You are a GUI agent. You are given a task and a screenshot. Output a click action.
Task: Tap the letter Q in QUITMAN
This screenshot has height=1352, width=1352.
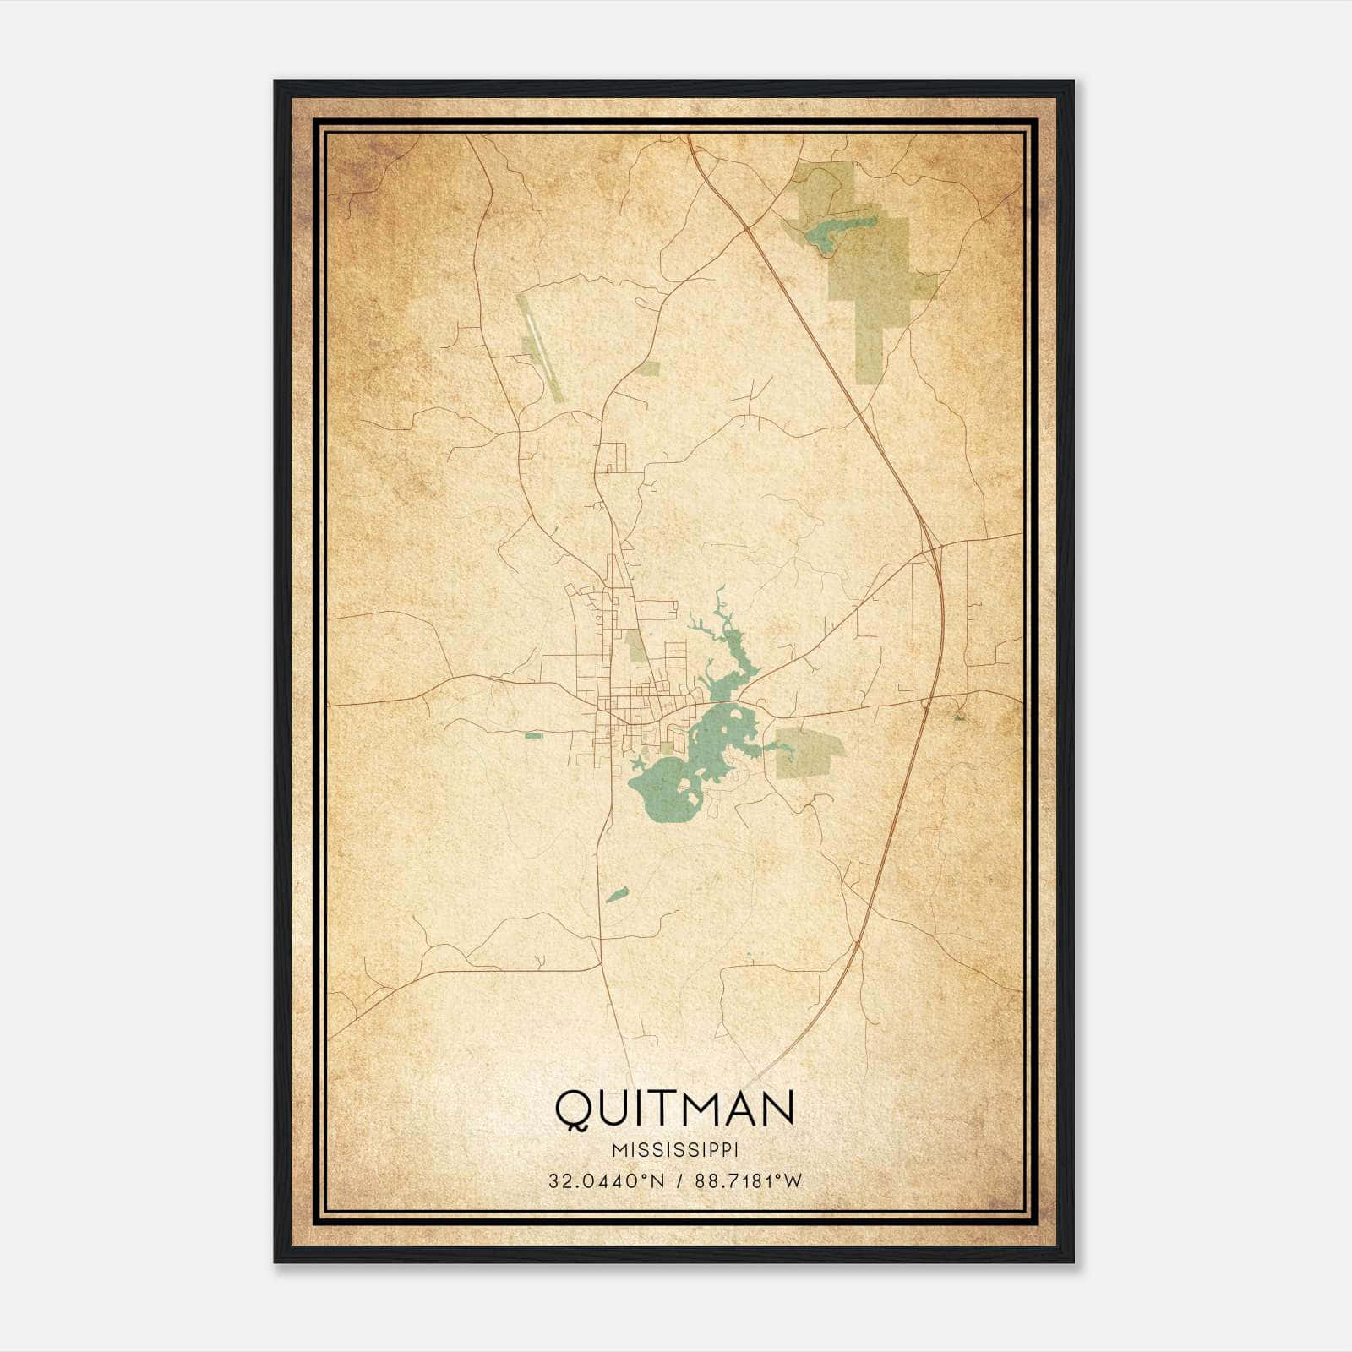[572, 1109]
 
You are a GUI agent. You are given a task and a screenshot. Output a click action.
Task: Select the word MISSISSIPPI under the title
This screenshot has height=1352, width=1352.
[674, 1151]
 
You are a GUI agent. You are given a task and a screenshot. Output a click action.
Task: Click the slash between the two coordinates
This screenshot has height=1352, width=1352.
[674, 1181]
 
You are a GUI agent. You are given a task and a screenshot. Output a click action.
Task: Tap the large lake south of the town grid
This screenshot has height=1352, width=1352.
[668, 786]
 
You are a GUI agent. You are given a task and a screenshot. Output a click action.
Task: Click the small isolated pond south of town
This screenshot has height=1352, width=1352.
[617, 894]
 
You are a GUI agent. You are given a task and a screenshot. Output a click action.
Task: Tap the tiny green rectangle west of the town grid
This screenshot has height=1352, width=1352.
[532, 735]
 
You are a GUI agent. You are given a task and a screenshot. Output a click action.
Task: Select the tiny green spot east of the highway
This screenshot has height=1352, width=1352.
[958, 717]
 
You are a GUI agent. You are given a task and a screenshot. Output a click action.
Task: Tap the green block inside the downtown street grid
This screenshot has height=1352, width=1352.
[634, 646]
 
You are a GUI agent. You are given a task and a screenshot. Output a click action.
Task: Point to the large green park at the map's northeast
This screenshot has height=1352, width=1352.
[870, 270]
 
